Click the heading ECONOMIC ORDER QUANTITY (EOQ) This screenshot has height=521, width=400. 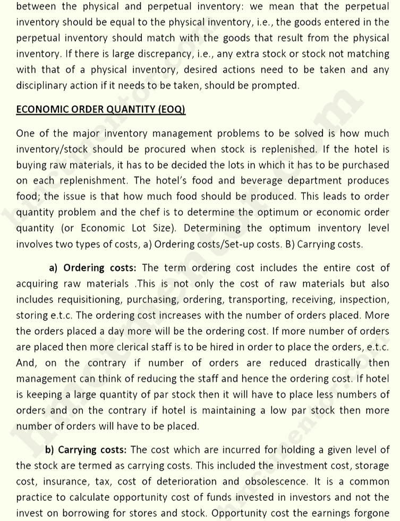click(100, 110)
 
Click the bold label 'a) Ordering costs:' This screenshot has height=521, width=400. click(92, 268)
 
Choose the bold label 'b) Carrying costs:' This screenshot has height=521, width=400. click(86, 450)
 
